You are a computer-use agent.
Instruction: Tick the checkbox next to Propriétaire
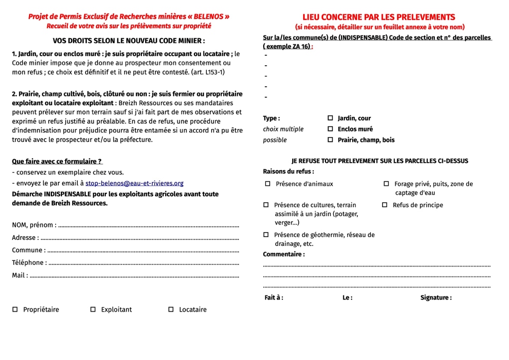pyautogui.click(x=15, y=310)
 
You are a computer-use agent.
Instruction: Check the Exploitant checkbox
pyautogui.click(x=93, y=310)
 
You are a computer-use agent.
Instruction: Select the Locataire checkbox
pyautogui.click(x=171, y=310)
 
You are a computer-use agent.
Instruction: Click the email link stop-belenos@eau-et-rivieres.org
pyautogui.click(x=134, y=183)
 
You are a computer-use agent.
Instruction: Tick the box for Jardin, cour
pyautogui.click(x=330, y=118)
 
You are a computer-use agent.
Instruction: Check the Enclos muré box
pyautogui.click(x=330, y=129)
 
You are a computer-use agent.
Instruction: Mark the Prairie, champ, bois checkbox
pyautogui.click(x=330, y=140)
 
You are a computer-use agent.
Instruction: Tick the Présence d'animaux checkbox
pyautogui.click(x=268, y=184)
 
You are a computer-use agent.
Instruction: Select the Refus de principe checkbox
pyautogui.click(x=384, y=205)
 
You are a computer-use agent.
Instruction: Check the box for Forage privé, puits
pyautogui.click(x=386, y=184)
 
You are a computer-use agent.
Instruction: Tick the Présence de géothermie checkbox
pyautogui.click(x=266, y=235)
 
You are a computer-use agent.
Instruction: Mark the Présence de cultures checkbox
pyautogui.click(x=266, y=205)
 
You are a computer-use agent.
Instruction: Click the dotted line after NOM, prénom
pyautogui.click(x=148, y=226)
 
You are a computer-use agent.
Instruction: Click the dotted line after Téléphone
pyautogui.click(x=143, y=263)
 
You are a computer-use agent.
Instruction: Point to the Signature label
pyautogui.click(x=436, y=297)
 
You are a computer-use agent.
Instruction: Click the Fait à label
pyautogui.click(x=274, y=297)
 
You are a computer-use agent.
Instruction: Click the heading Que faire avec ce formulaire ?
pyautogui.click(x=57, y=161)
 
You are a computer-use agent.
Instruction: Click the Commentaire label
pyautogui.click(x=284, y=254)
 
